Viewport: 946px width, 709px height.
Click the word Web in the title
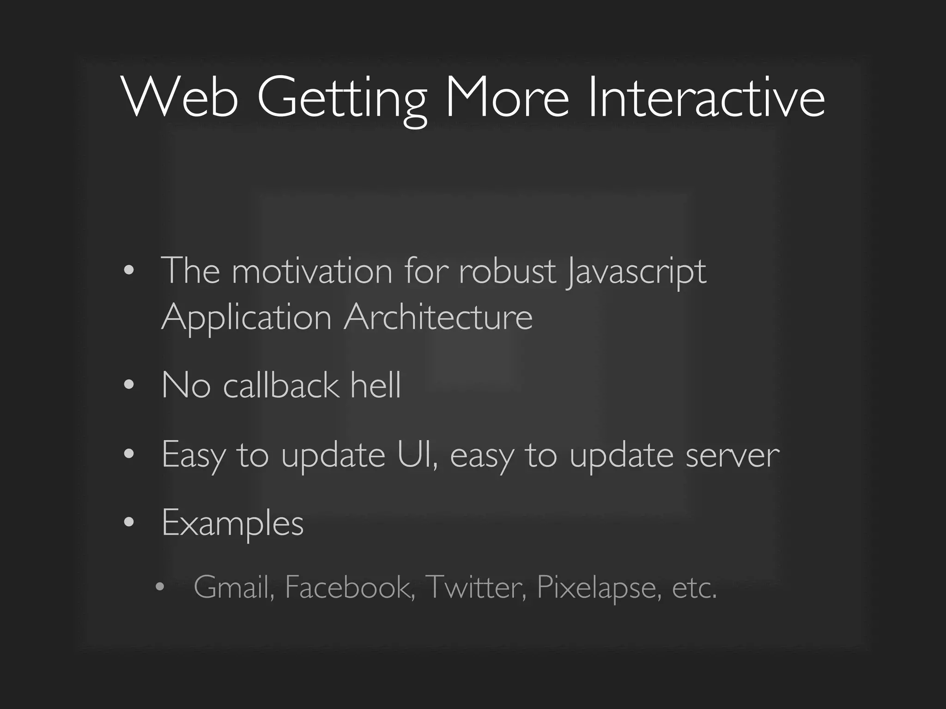(180, 98)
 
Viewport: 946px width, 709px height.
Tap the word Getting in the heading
(342, 99)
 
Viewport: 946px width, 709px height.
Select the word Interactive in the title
(706, 98)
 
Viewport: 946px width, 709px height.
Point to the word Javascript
(637, 272)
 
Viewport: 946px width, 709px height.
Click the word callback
(281, 385)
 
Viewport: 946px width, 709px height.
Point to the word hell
(376, 385)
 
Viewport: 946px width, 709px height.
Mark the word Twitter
(476, 588)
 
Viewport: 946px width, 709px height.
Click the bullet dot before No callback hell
(129, 385)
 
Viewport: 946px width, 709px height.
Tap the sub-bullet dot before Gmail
(160, 587)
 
